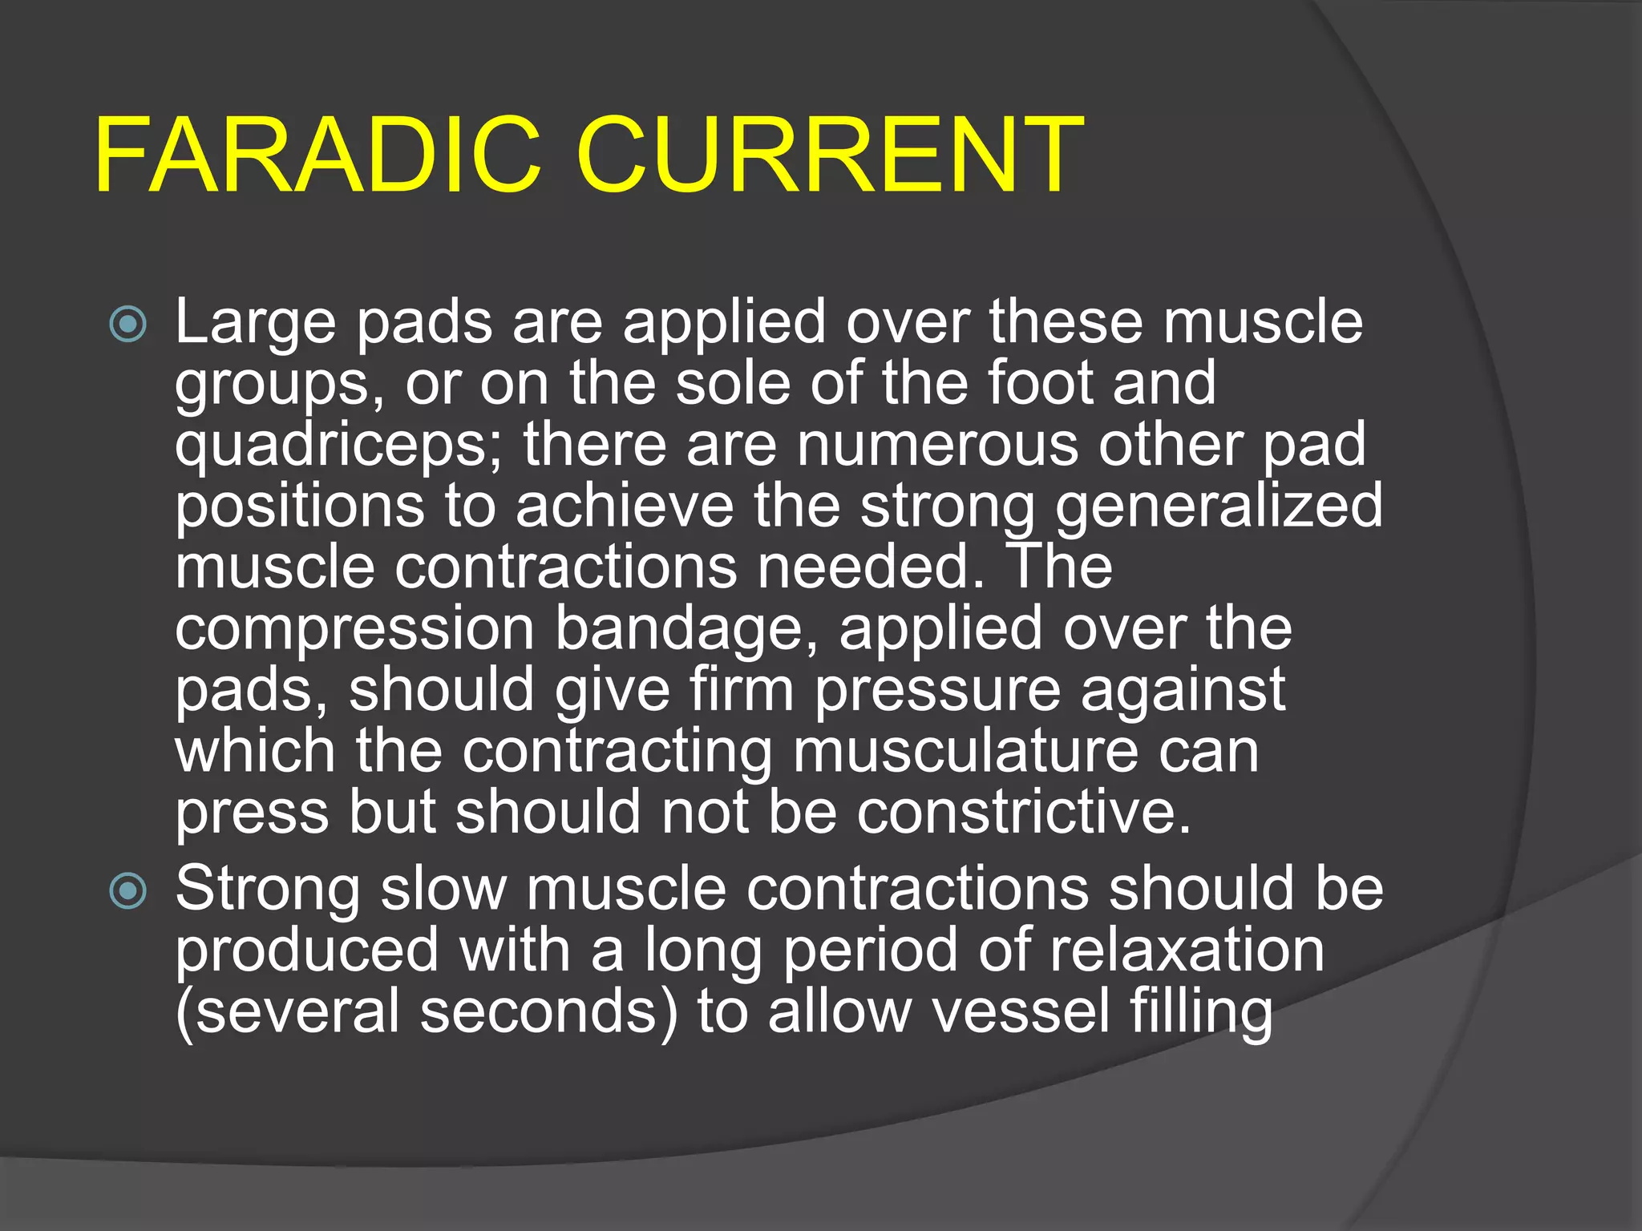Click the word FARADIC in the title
point(317,155)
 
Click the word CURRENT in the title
point(830,155)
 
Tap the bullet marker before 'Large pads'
point(128,325)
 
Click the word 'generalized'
point(1219,507)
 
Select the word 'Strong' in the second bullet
point(268,890)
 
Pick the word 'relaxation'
point(1187,950)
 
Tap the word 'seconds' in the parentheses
point(548,1011)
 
